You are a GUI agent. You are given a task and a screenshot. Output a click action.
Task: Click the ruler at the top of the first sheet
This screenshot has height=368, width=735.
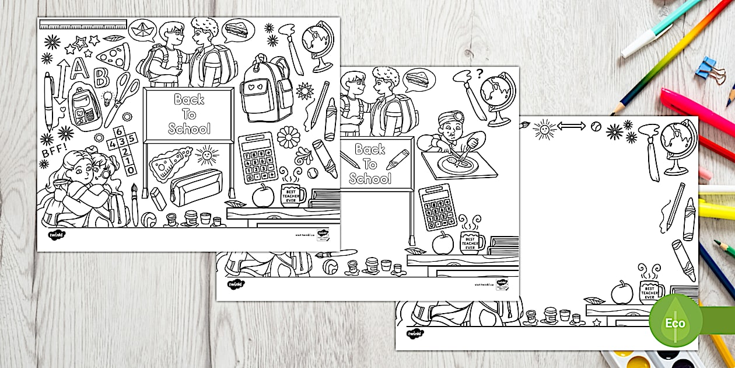[82, 24]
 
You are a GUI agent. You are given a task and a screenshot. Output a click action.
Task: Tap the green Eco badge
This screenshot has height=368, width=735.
[675, 322]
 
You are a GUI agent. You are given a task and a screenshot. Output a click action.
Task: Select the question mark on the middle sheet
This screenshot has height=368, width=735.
[480, 74]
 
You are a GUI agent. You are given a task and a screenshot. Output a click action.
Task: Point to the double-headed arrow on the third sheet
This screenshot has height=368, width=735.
[572, 126]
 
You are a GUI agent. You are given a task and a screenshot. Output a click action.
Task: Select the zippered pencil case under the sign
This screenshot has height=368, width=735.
[195, 187]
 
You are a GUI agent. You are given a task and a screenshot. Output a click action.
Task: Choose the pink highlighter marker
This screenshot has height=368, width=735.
[697, 111]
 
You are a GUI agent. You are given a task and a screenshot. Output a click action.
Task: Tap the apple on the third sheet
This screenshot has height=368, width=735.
[622, 291]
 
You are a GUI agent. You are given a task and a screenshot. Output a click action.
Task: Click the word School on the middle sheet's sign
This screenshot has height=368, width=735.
[370, 179]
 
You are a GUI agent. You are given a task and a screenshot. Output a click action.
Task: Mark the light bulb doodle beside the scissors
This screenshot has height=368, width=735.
[108, 98]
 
